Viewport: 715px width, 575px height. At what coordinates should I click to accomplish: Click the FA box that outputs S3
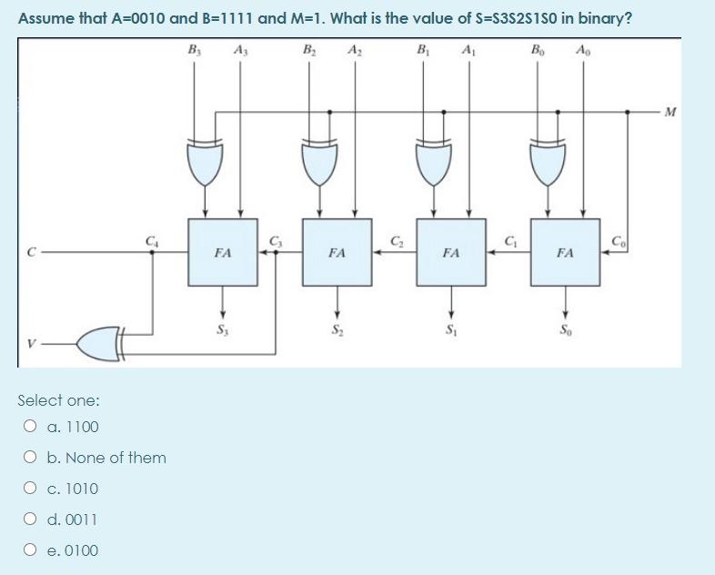221,252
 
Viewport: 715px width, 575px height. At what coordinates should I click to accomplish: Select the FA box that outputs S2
337,252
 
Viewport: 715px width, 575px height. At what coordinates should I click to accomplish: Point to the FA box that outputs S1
451,252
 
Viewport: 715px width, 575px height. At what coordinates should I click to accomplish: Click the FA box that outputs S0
566,252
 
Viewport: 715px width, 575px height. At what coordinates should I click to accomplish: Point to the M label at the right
671,113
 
